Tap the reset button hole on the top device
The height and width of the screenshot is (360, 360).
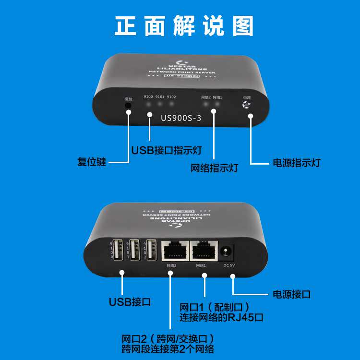tap(128, 105)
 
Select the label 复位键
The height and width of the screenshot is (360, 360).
tap(92, 162)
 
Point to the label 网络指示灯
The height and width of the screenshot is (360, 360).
tap(214, 168)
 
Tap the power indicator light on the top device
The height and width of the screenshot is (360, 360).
tap(247, 106)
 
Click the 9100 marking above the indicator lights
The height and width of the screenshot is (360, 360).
tap(148, 97)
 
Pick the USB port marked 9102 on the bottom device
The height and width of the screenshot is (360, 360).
tap(151, 249)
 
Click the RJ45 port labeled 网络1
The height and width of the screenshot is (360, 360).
tap(201, 251)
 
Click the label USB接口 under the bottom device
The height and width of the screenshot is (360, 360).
tap(130, 302)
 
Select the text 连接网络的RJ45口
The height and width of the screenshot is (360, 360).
tap(221, 317)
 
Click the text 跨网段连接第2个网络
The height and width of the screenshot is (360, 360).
tap(168, 348)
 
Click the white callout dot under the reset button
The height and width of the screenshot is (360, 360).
tap(129, 113)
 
